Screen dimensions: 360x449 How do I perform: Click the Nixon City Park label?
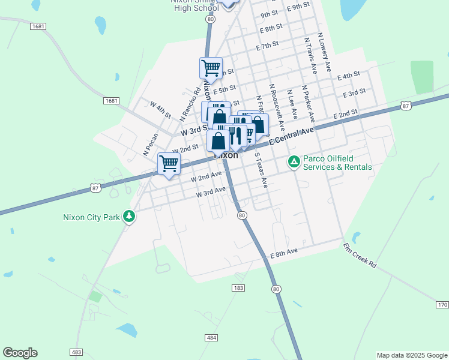pos(91,217)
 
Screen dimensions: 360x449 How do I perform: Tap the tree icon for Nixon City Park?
pos(128,217)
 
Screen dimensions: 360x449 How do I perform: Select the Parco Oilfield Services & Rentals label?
pos(337,163)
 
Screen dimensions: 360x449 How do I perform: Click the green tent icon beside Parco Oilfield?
pos(294,162)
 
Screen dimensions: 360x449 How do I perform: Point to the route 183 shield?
pos(238,289)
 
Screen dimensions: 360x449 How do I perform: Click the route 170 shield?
pos(442,305)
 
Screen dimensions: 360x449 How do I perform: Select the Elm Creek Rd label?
pos(360,255)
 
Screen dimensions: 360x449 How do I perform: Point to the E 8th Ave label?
pos(284,254)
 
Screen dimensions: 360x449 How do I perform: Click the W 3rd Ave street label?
pos(211,192)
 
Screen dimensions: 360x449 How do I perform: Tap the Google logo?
pos(20,353)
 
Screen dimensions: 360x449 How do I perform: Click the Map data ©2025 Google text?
pos(412,355)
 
